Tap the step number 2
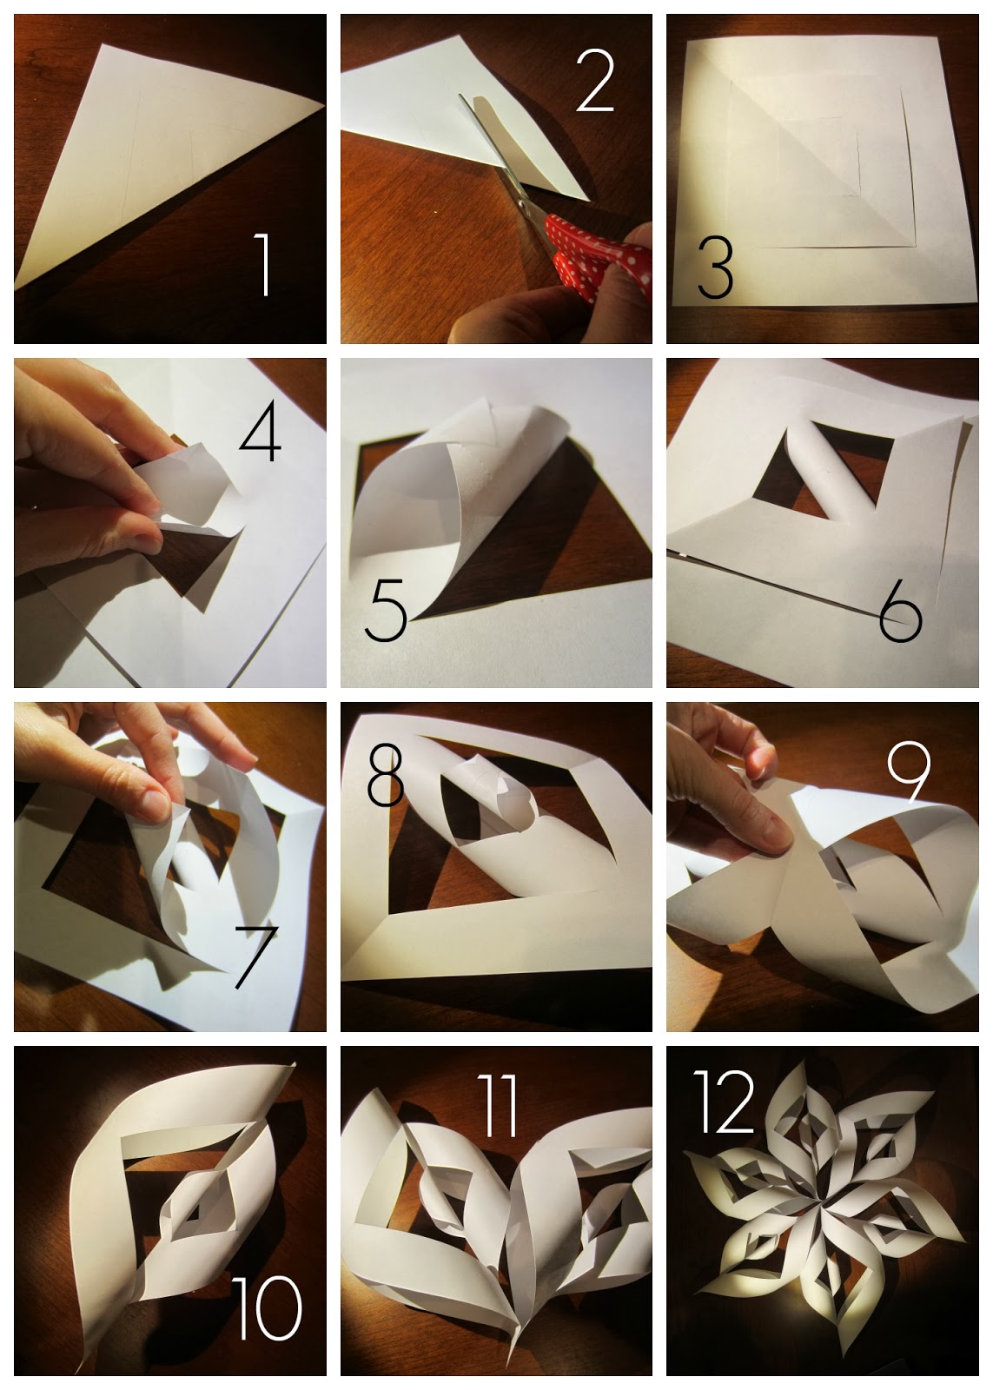point(595,81)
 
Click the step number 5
point(385,612)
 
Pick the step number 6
point(900,613)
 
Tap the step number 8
point(385,774)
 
